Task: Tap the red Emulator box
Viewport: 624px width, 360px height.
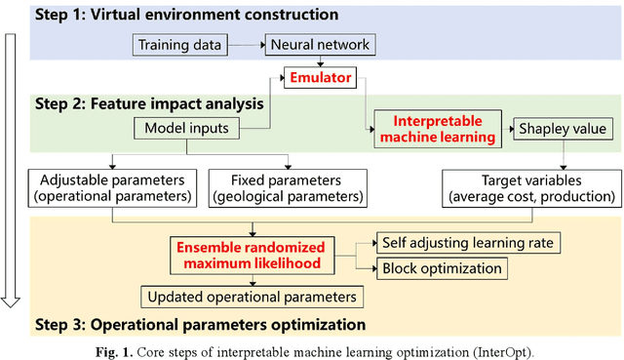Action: [x=319, y=74]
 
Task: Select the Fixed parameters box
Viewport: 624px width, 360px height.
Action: [x=288, y=187]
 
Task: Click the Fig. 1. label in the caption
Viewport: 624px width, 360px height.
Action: [x=180, y=348]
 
